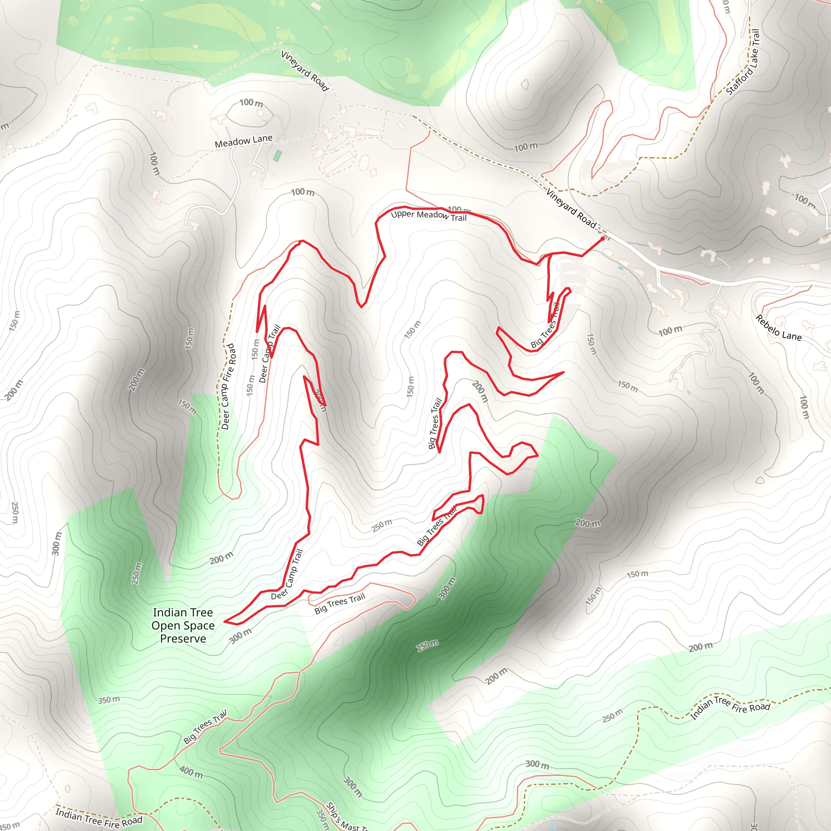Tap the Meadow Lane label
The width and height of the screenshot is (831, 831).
click(x=243, y=141)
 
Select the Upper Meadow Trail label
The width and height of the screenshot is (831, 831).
click(x=428, y=215)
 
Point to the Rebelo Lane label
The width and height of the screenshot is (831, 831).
click(x=779, y=328)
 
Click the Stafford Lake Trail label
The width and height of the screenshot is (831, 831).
click(x=743, y=62)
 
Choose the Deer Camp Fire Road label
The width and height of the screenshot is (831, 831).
click(x=228, y=386)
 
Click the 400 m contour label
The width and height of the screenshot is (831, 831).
click(x=191, y=772)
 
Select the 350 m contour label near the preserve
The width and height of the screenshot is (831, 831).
click(x=109, y=700)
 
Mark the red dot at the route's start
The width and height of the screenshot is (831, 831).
click(x=602, y=238)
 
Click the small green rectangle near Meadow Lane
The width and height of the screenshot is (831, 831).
click(x=278, y=156)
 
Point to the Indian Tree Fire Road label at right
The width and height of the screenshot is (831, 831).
click(x=730, y=708)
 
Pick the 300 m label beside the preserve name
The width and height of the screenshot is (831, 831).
click(x=240, y=636)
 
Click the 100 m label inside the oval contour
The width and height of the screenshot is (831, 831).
click(x=251, y=103)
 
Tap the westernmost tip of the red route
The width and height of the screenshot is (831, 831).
click(x=224, y=622)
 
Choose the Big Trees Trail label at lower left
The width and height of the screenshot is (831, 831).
click(x=205, y=727)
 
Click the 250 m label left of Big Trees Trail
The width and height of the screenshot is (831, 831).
click(x=382, y=525)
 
